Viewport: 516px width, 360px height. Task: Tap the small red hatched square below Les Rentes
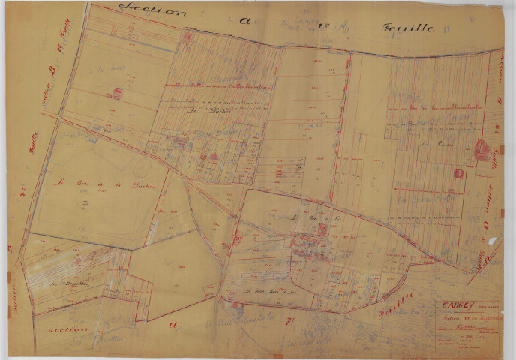click(457, 173)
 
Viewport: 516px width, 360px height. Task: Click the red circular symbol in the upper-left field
click(118, 93)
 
